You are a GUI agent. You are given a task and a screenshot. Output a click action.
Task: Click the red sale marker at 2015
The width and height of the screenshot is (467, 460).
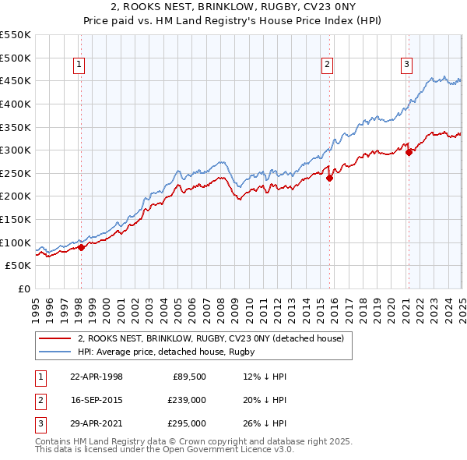[x=329, y=178]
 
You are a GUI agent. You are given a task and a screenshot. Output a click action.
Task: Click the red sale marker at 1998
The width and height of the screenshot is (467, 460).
[x=81, y=247]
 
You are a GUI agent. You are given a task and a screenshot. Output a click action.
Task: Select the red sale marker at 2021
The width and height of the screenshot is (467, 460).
[x=409, y=152]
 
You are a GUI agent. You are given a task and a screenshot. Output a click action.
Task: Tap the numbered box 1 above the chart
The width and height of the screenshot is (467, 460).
[x=80, y=65]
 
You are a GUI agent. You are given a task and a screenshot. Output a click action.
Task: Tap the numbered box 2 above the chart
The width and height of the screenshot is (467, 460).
[x=328, y=65]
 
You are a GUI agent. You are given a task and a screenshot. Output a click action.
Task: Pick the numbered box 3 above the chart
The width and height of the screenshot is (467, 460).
[x=407, y=65]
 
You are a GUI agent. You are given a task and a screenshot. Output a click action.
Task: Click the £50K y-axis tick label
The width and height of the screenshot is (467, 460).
[x=19, y=266]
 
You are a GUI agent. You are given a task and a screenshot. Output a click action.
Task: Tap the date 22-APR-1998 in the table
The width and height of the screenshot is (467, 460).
[x=97, y=377]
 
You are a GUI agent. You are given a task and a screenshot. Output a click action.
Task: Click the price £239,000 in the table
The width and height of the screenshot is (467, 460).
[x=188, y=400]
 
